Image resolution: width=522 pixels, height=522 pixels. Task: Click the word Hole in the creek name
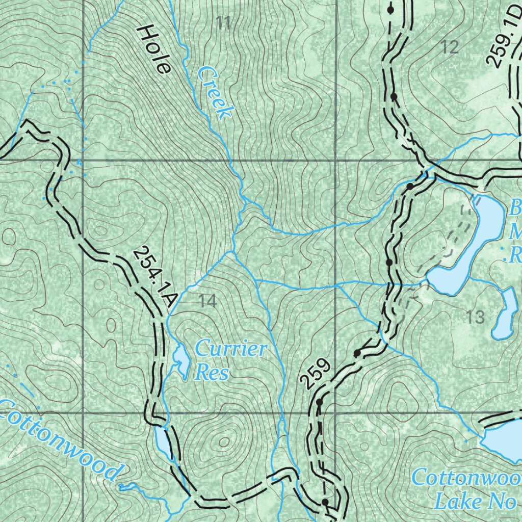point(153,50)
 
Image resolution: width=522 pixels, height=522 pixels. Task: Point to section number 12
point(450,47)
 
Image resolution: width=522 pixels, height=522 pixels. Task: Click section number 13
point(475,318)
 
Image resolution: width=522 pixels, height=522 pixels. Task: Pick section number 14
point(207,301)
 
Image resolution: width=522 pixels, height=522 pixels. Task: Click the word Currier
point(231,350)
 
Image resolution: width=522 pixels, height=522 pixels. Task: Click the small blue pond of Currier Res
point(181,360)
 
